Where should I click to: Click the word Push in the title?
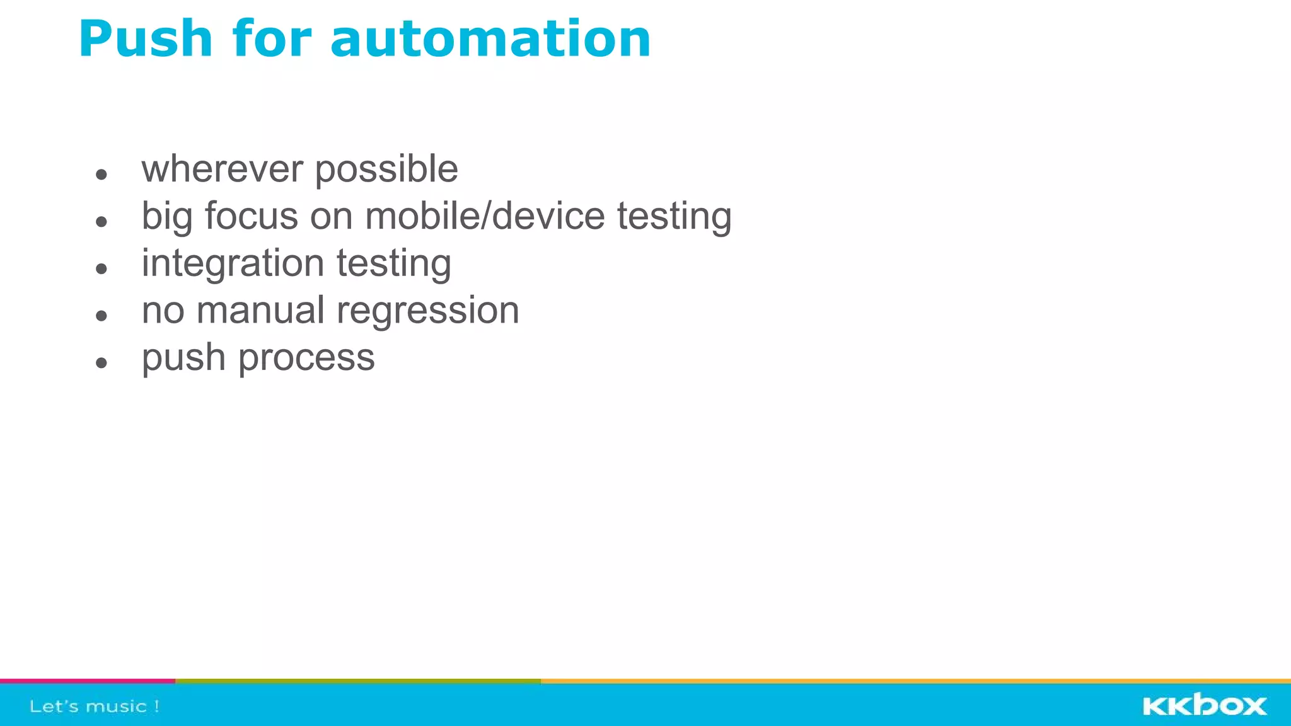coord(146,40)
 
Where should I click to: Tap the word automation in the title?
coord(490,40)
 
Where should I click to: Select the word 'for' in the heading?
coord(272,40)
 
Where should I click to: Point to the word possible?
coord(386,170)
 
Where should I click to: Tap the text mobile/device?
coord(485,216)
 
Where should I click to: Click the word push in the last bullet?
coord(183,359)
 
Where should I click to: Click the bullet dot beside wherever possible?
coord(101,174)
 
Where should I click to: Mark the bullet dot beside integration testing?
coord(101,268)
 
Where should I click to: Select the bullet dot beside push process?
coord(101,362)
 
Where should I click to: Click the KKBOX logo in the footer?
coord(1204,705)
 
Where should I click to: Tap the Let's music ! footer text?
coord(95,706)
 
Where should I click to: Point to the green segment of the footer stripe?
coord(357,681)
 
